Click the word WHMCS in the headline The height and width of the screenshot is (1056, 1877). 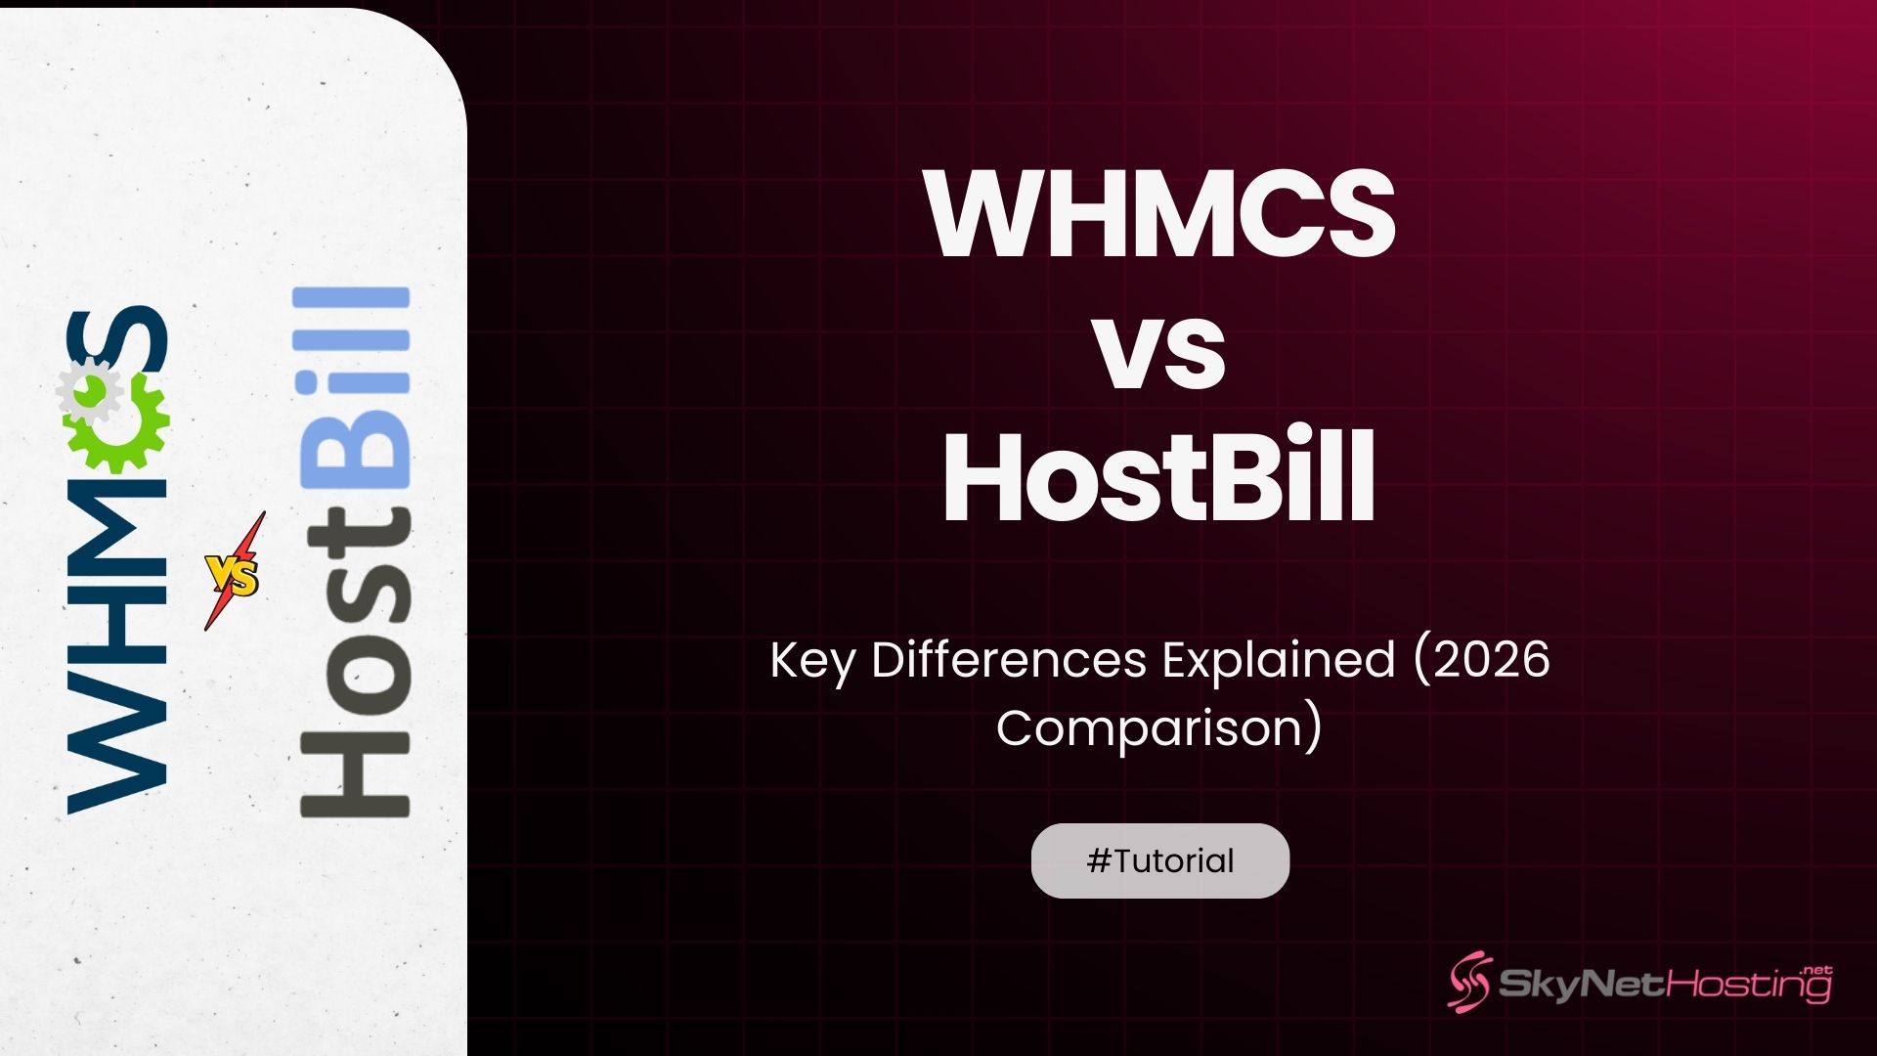coord(1160,215)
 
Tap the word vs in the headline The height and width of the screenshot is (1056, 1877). coord(1160,352)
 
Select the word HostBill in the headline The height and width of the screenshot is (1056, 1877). coord(1160,479)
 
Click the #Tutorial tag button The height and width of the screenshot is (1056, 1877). coord(1160,860)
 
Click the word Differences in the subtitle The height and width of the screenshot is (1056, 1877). coord(1008,661)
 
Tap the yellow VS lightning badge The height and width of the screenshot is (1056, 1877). coord(234,574)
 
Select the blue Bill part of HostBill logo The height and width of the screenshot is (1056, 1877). coord(353,391)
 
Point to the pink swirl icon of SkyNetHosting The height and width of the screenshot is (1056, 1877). coord(1469,982)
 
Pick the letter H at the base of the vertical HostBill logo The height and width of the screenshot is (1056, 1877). coord(353,771)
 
